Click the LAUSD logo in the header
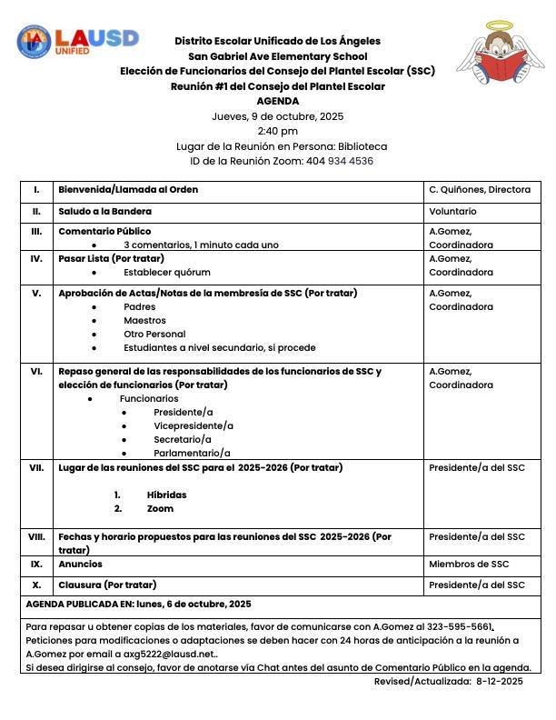77,41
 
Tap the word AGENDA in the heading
277,101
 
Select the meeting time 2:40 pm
277,131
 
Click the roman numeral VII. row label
36,468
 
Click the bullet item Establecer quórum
167,272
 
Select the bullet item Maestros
144,320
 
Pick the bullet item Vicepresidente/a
194,425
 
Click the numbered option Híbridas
166,495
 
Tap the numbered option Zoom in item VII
160,509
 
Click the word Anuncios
80,565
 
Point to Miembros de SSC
469,565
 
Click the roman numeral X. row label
36,585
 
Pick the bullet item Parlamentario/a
192,453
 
